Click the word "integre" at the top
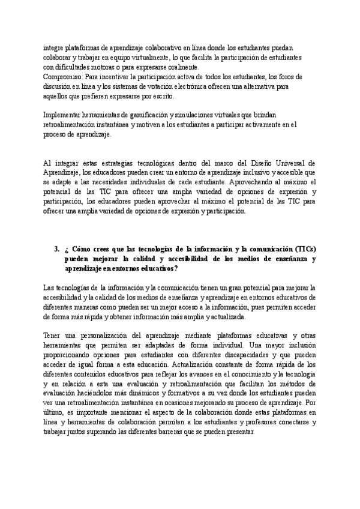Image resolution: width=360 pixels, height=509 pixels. (x=55, y=48)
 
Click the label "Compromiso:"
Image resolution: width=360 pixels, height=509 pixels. (x=64, y=77)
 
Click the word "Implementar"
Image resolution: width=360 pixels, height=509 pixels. (x=65, y=115)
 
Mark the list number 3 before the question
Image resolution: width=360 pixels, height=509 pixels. (x=56, y=249)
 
